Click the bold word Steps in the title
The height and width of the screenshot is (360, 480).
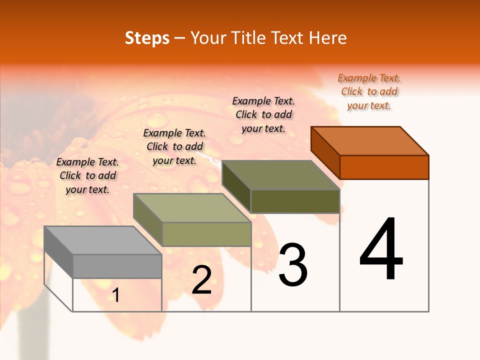(x=147, y=38)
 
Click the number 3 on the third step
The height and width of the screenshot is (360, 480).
(x=292, y=265)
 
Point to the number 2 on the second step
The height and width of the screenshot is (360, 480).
(x=201, y=280)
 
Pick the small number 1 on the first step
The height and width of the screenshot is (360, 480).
(x=115, y=295)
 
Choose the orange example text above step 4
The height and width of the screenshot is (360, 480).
(x=369, y=91)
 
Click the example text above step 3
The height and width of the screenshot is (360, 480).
(x=263, y=114)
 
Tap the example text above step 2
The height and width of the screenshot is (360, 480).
(x=174, y=146)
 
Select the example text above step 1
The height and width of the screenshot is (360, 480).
(x=87, y=175)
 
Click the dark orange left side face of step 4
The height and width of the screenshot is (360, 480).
(x=325, y=153)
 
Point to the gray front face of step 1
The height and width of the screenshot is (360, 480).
(x=117, y=266)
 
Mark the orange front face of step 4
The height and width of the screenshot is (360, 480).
(x=384, y=167)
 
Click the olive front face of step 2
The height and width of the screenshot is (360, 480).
(x=206, y=234)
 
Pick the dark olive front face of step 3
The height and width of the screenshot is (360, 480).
(x=295, y=201)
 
